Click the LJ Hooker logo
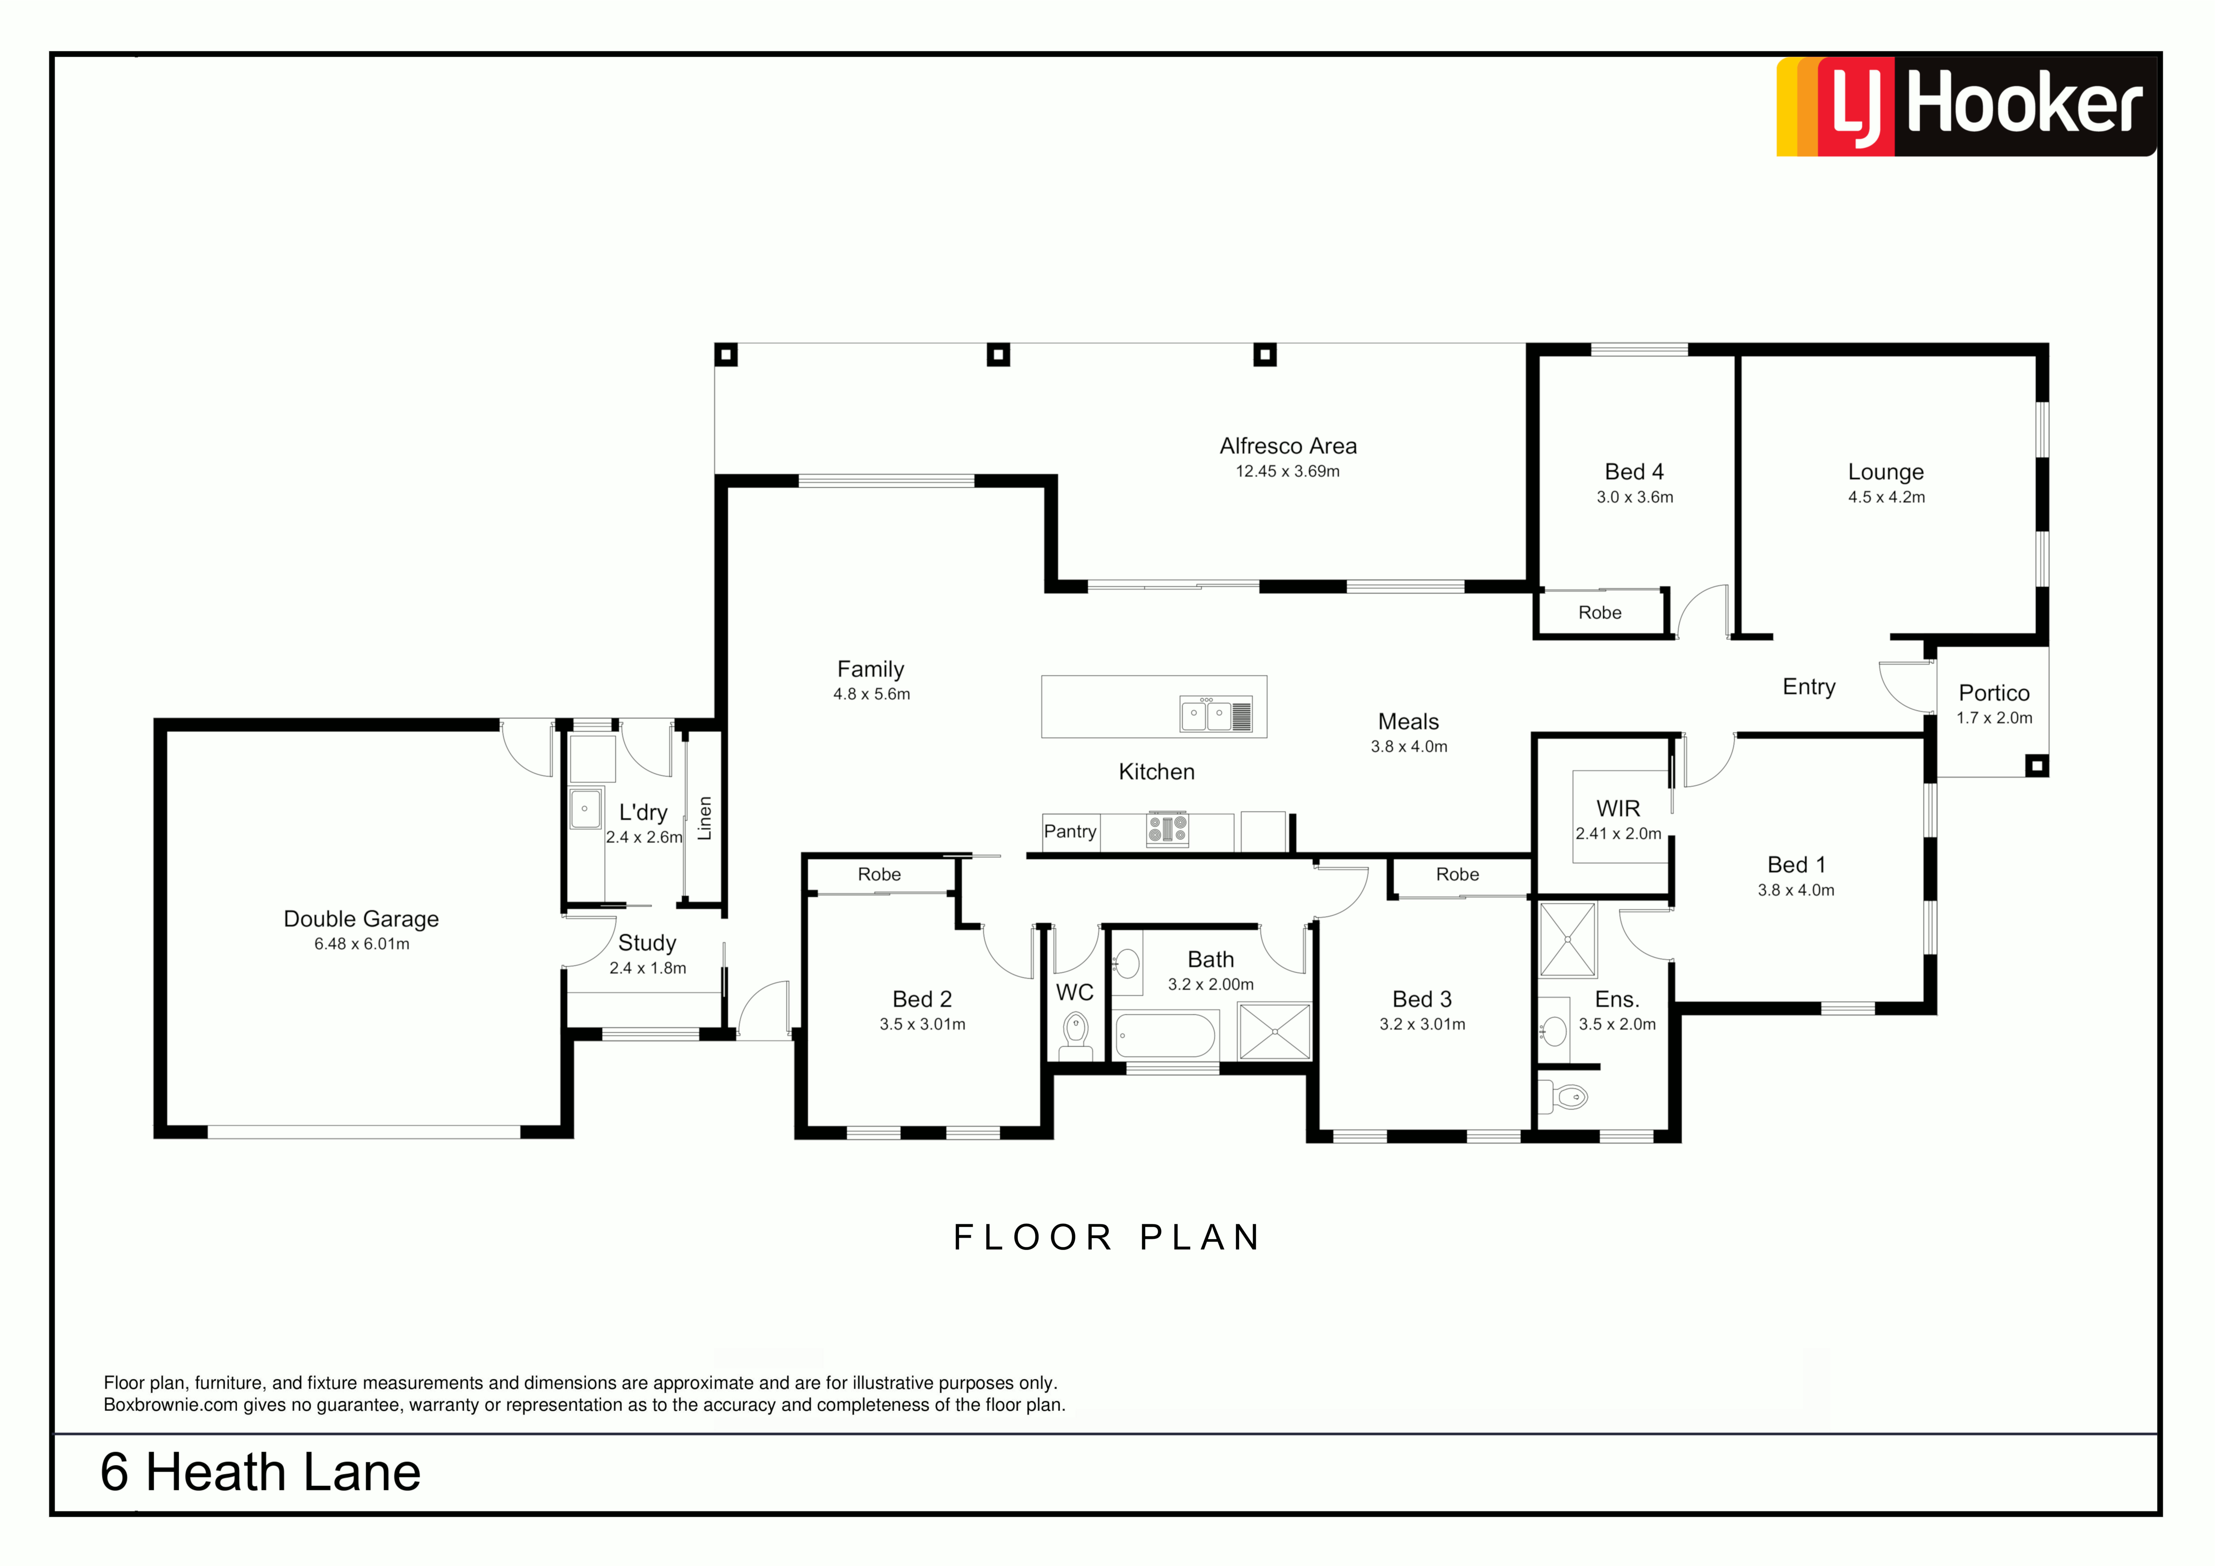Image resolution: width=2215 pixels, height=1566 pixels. [1966, 106]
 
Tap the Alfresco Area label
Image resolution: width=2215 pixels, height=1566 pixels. [1288, 446]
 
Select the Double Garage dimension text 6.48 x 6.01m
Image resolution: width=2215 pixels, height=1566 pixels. [362, 944]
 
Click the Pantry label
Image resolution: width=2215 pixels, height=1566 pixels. [1070, 832]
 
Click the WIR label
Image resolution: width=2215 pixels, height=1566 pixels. [1618, 808]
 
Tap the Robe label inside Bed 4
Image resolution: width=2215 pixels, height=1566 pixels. [1600, 613]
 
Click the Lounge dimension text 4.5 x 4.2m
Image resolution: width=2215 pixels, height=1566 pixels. [1886, 497]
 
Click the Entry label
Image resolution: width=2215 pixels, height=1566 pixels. [1809, 687]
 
